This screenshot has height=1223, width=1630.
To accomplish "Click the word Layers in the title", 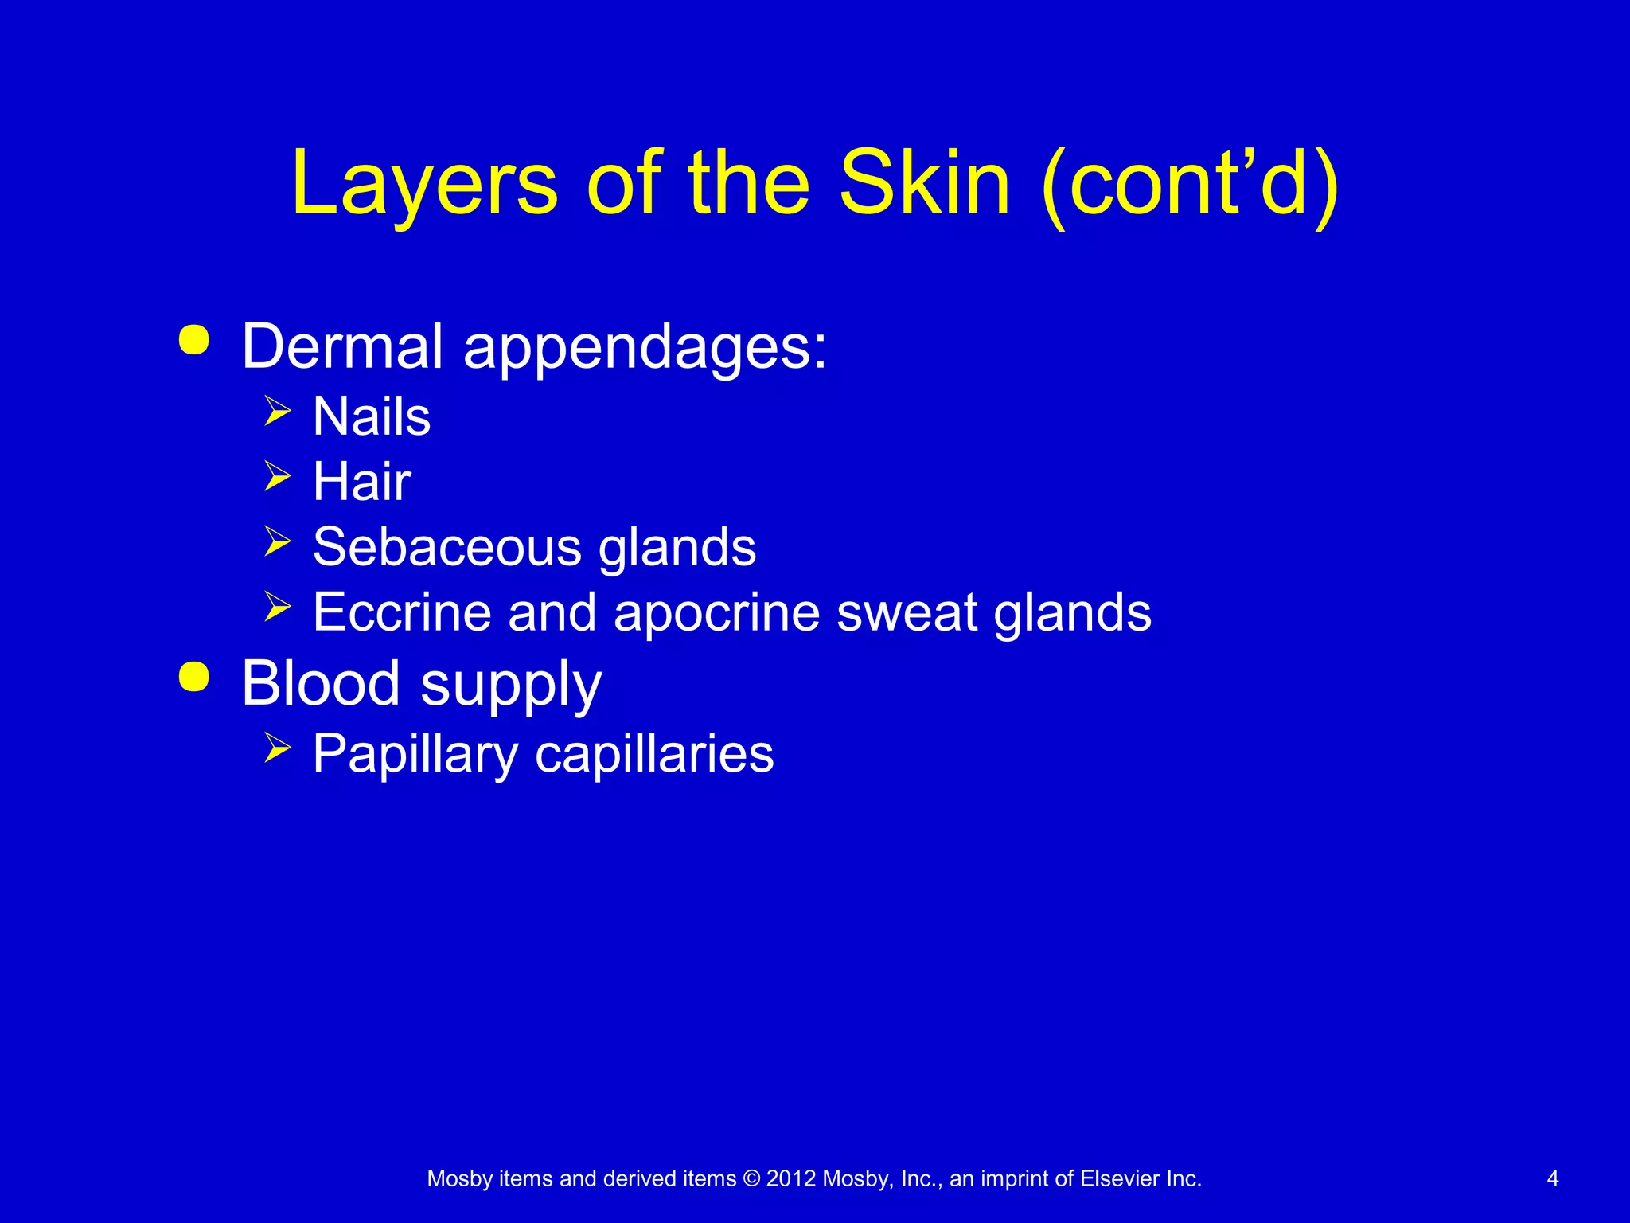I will [x=424, y=185].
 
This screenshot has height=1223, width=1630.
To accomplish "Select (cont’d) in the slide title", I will [x=1189, y=185].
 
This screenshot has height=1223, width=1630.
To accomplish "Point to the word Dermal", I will [x=342, y=346].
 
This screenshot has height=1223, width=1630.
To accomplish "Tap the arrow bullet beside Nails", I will [x=277, y=411].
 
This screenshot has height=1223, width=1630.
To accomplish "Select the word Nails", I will [x=372, y=416].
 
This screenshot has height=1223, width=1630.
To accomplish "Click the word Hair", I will [x=362, y=482].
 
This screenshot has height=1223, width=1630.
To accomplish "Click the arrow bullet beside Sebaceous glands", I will [x=277, y=541].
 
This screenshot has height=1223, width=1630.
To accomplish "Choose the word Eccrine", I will [x=402, y=612].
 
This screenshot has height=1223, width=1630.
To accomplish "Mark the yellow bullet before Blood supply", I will [x=194, y=676].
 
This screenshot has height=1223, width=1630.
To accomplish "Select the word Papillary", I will [x=415, y=754].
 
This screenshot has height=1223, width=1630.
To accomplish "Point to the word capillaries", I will [x=654, y=754].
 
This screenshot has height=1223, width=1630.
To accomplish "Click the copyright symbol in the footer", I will [x=751, y=1178].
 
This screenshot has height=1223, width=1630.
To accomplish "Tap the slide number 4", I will [x=1552, y=1178].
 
